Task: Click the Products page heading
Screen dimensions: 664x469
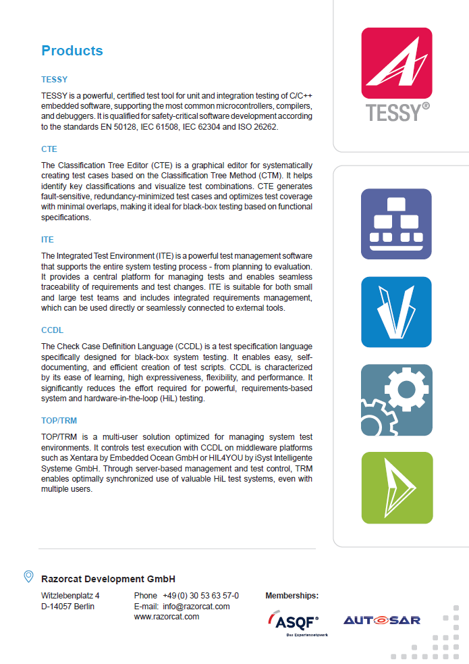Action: click(x=72, y=51)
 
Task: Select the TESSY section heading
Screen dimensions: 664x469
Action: click(x=54, y=80)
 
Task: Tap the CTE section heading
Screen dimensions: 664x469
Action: click(x=49, y=149)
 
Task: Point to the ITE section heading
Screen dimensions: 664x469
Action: click(x=47, y=240)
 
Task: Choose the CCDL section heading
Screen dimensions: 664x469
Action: click(x=52, y=330)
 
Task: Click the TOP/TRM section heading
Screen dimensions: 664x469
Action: click(x=59, y=421)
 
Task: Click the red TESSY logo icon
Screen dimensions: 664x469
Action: click(x=396, y=63)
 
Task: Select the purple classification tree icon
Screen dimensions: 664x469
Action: click(x=396, y=224)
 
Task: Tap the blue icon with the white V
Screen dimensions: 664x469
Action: click(x=396, y=312)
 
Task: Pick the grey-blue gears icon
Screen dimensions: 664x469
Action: click(x=396, y=400)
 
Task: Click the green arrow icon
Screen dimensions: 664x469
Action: click(x=396, y=488)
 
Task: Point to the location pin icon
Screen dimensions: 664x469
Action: click(x=28, y=576)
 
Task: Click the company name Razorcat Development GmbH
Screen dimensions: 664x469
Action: click(x=108, y=579)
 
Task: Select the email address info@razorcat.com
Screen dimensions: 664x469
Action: click(x=196, y=606)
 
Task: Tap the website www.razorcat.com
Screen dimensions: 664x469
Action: click(x=167, y=616)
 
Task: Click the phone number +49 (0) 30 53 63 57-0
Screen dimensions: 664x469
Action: click(x=200, y=596)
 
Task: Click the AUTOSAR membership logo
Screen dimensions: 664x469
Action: click(x=382, y=619)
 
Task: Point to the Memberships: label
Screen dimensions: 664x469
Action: click(x=292, y=596)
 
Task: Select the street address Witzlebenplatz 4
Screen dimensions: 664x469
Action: click(x=70, y=596)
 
